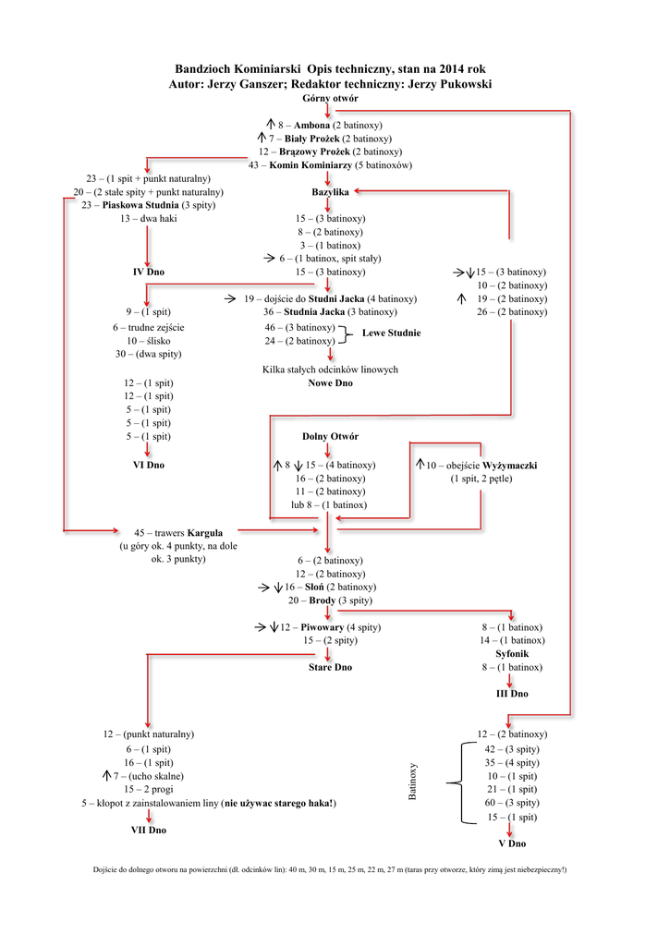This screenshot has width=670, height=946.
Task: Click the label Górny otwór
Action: tap(330, 98)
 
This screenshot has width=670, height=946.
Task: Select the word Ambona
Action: tap(311, 125)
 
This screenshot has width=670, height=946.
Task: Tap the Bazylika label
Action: tap(330, 192)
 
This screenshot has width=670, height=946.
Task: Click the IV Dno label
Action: tap(148, 273)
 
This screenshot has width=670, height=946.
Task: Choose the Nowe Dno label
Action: tap(330, 382)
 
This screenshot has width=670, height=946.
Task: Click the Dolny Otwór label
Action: tap(330, 436)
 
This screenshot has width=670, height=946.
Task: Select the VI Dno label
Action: tap(148, 465)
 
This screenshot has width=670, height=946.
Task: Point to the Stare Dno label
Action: tap(330, 667)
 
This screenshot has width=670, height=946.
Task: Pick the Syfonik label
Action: tap(511, 653)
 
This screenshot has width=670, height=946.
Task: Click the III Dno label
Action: tap(511, 694)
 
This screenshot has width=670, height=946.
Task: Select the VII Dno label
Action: tap(148, 831)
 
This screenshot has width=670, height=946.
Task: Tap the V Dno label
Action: tap(511, 843)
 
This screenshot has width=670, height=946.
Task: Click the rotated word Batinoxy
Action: tap(413, 782)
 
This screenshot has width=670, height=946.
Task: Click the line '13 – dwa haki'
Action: tap(148, 219)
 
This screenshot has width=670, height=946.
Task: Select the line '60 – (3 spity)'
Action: tap(511, 804)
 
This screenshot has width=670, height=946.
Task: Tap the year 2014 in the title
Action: tap(445, 69)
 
